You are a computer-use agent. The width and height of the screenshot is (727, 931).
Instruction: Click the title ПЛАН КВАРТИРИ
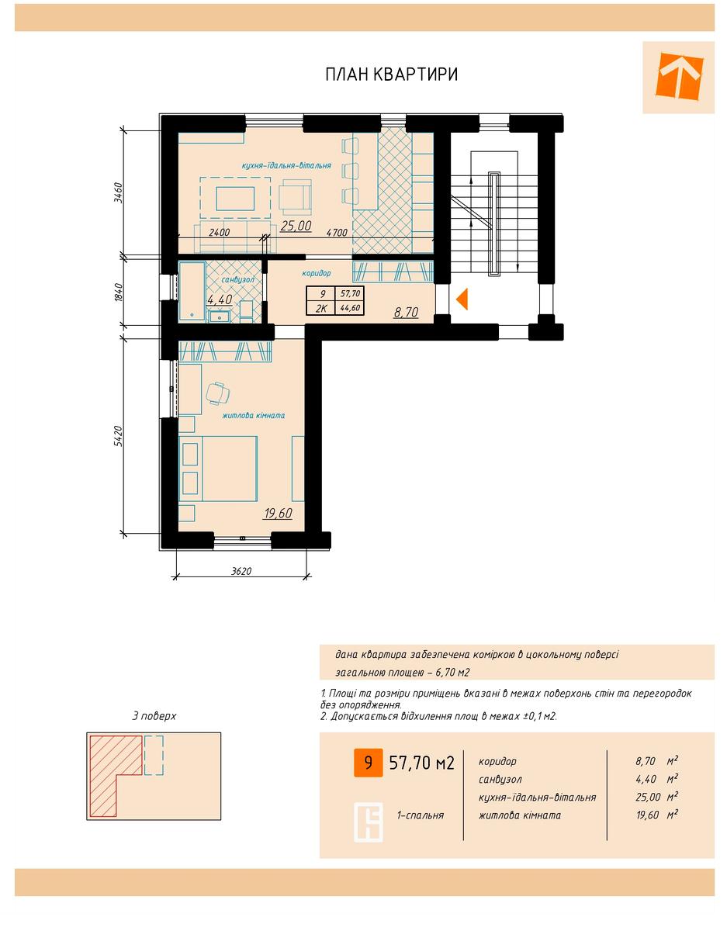391,74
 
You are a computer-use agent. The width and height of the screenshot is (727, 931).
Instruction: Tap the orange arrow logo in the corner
679,76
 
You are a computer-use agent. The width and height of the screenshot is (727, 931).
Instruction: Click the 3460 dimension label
118,193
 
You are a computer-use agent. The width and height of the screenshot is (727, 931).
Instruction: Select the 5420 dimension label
118,436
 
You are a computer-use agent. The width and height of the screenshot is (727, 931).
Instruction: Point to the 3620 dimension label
241,571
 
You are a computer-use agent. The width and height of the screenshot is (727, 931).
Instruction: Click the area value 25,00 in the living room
296,225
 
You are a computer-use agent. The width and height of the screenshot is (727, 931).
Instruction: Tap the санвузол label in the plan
237,280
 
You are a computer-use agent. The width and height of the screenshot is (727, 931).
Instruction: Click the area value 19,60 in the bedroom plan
278,513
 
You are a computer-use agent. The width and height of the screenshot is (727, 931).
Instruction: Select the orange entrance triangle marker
462,299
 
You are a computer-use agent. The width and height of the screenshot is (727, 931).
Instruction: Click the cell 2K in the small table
321,308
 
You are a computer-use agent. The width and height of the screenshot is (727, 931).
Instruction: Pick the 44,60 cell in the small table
350,308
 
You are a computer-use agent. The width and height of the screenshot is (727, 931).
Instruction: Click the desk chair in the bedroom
218,393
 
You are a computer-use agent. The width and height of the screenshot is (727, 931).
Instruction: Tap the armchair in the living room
295,196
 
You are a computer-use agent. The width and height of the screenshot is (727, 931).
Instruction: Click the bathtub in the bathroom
192,291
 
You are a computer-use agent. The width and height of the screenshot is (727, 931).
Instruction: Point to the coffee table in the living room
235,199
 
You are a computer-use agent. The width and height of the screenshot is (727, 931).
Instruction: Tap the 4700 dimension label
337,233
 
